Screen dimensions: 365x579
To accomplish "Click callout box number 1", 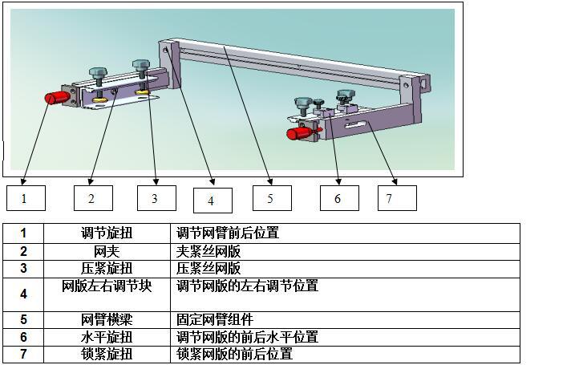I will (x=26, y=197).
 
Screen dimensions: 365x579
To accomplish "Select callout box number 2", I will (x=93, y=197).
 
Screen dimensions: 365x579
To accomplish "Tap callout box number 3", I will (x=156, y=197).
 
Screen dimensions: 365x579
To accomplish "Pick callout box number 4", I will (x=213, y=200).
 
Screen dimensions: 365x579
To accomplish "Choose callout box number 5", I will (x=272, y=197).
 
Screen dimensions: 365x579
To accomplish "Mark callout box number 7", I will (x=397, y=197).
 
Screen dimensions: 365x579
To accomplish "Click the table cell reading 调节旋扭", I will (x=107, y=233).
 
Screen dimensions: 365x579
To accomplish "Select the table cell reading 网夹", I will (x=107, y=250).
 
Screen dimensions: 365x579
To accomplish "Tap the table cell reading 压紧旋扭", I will (x=107, y=268).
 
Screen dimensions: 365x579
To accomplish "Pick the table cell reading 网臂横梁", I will (x=107, y=319).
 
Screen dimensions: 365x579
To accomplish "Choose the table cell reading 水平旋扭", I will (x=107, y=337).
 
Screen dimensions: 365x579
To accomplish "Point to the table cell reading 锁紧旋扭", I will (x=107, y=354).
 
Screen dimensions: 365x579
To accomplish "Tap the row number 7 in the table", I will (x=23, y=354).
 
